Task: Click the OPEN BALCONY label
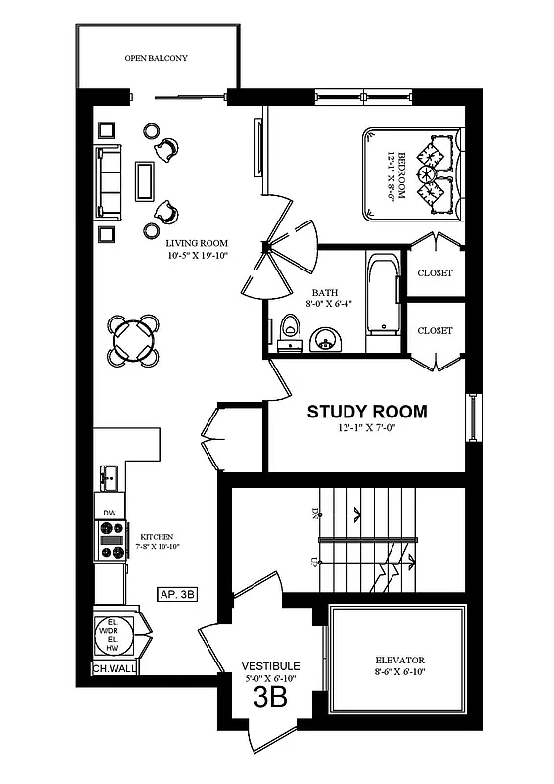157,59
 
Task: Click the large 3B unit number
270,697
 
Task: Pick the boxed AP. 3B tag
177,594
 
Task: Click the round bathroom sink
326,339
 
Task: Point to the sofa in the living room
107,181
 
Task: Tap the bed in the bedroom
411,173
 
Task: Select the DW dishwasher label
110,513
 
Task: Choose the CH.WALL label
113,669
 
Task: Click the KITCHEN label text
157,537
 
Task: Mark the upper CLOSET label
435,273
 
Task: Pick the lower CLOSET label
435,330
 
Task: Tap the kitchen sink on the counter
110,478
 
